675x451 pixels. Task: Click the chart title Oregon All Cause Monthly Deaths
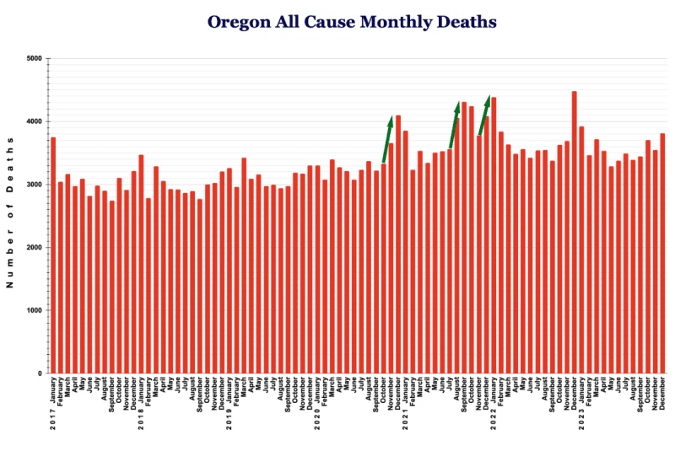tap(351, 21)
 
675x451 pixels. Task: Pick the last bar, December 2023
tap(663, 253)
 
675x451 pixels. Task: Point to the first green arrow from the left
tap(386, 139)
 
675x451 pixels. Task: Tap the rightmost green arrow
tap(483, 115)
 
